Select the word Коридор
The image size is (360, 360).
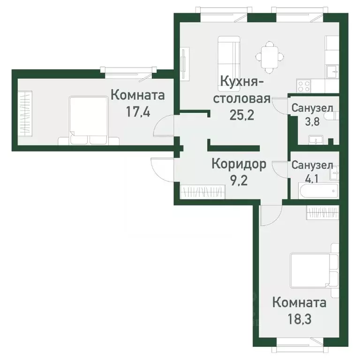click(x=239, y=164)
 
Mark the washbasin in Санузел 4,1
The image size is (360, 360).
click(x=334, y=173)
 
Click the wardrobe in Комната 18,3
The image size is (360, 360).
click(x=323, y=213)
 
